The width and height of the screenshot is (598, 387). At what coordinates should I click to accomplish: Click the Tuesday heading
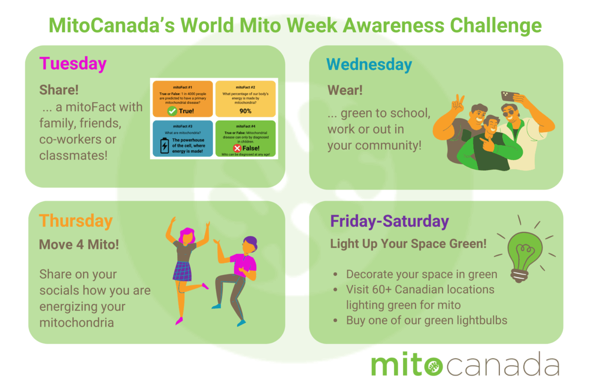pos(73,64)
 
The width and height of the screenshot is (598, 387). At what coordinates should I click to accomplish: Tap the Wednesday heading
pos(369,65)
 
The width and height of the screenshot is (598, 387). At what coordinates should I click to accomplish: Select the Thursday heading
pos(76,221)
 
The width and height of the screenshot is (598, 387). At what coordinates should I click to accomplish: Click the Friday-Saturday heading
pos(389,221)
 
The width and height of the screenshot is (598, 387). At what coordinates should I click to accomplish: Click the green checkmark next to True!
pos(172,111)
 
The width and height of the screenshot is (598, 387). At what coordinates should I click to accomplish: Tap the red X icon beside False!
pos(237,148)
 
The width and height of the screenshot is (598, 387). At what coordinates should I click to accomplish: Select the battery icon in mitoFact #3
pos(164,146)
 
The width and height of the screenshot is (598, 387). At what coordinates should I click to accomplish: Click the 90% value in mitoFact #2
pos(245,110)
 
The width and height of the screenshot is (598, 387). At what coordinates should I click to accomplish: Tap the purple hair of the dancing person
pos(250,244)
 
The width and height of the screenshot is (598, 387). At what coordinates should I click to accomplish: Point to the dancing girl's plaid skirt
pos(182,271)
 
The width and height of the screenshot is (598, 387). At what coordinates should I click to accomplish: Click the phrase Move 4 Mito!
pos(79,245)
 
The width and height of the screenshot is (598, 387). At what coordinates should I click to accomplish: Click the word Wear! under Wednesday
pos(345,90)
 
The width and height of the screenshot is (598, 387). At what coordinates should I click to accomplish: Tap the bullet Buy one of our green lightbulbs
pos(427,320)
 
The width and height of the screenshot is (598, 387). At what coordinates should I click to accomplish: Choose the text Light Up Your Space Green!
pos(408,244)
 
